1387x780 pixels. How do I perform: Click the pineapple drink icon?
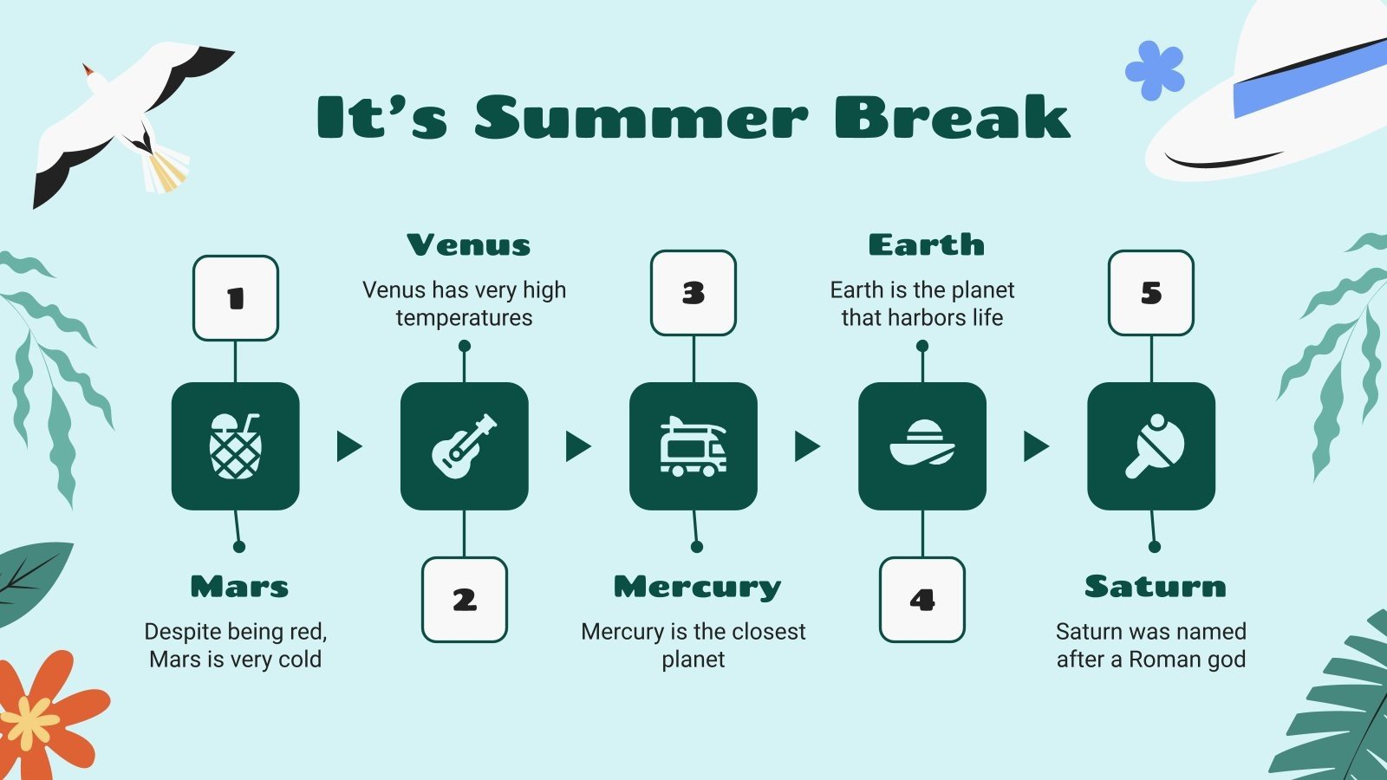tap(235, 446)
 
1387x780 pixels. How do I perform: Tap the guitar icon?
tap(465, 446)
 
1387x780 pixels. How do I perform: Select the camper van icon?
tap(693, 446)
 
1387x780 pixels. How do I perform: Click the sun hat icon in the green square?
tap(922, 445)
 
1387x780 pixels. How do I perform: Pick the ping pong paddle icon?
tap(1151, 446)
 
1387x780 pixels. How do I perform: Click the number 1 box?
tap(236, 298)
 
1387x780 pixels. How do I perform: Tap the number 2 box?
tap(465, 600)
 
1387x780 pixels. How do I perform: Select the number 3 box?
tap(693, 293)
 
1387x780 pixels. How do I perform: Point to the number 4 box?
tap(922, 600)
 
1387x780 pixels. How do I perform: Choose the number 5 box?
tap(1151, 293)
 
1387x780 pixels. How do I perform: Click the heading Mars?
tap(239, 587)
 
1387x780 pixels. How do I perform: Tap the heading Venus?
tap(468, 245)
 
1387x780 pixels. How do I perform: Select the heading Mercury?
tap(697, 587)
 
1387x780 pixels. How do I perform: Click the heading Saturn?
tap(1155, 587)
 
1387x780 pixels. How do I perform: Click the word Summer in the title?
tap(641, 118)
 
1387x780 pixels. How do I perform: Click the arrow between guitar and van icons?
tap(577, 446)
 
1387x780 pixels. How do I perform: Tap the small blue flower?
tap(1155, 69)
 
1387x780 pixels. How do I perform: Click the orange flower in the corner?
tap(39, 715)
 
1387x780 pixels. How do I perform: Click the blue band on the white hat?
tap(1309, 78)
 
